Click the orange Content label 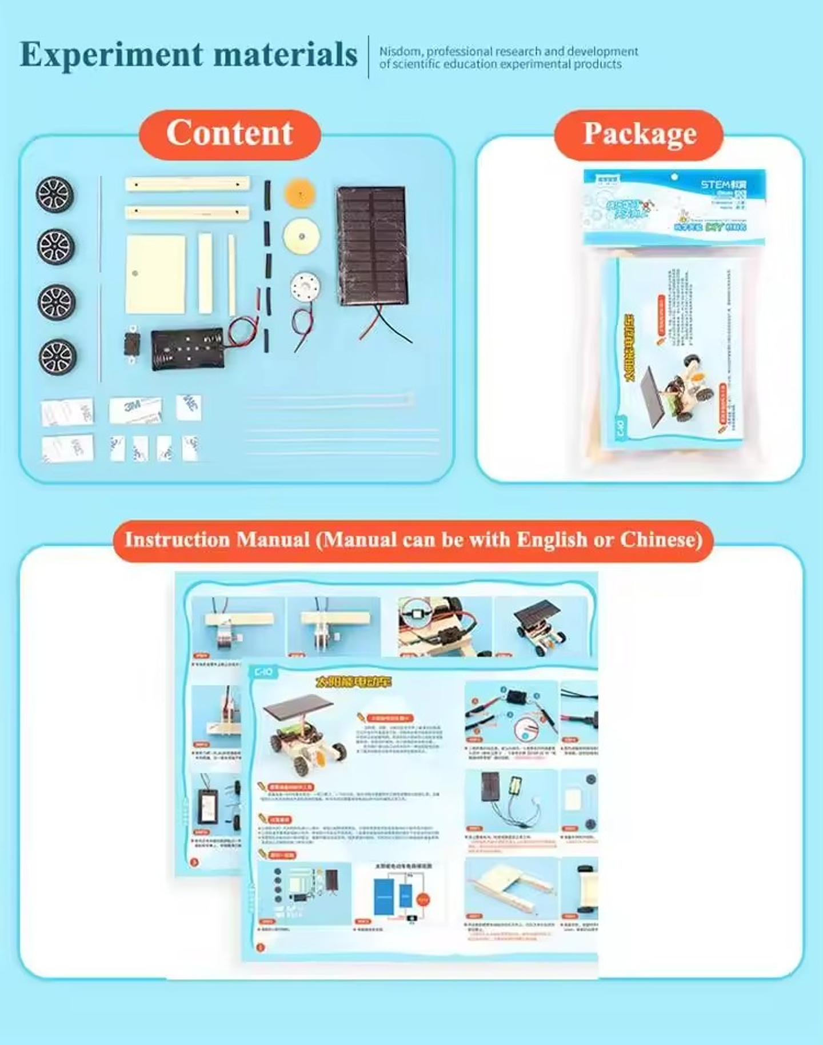[x=230, y=134]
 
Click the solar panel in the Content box [x=371, y=246]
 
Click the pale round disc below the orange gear [x=301, y=236]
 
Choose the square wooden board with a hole [x=155, y=274]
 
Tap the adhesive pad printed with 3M [x=135, y=409]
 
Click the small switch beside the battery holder [x=132, y=345]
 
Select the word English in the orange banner [x=552, y=540]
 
